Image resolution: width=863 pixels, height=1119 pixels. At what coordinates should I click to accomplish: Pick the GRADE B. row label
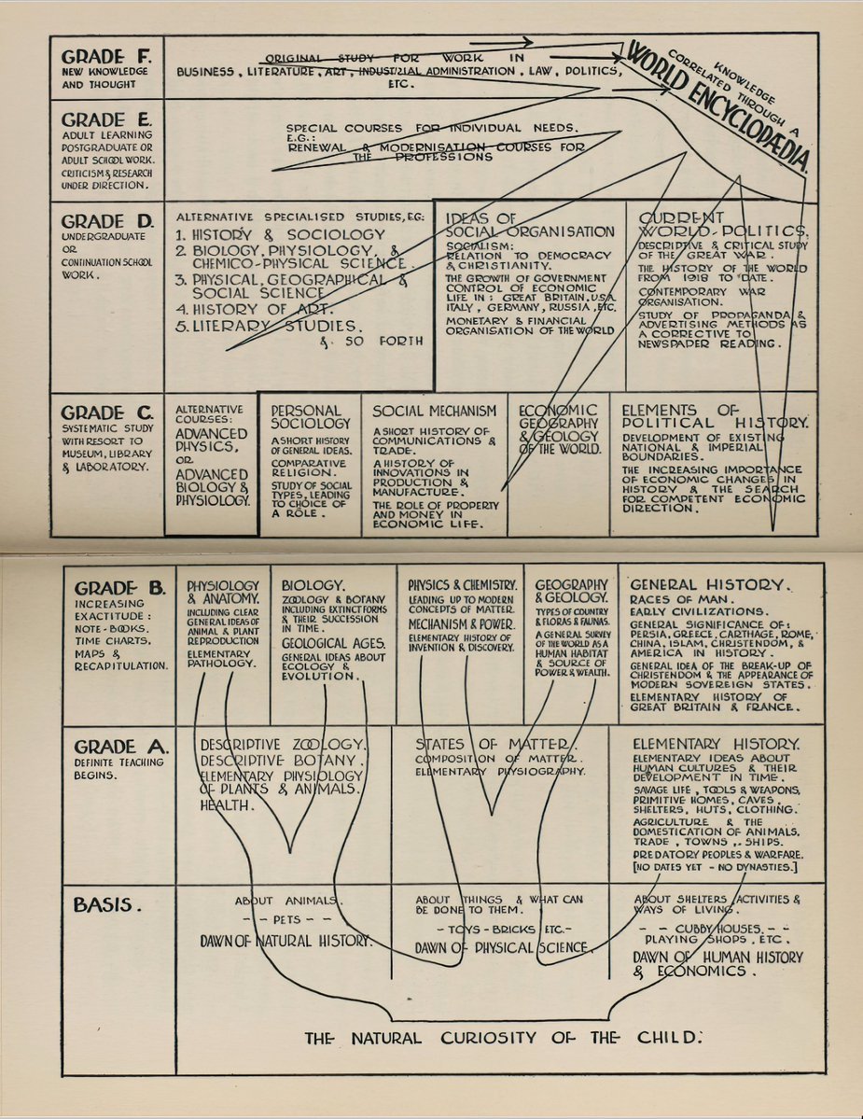point(106,589)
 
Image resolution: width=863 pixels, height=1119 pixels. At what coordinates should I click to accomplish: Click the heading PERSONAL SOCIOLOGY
point(310,416)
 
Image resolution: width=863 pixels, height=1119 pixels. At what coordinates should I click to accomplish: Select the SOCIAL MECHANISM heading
point(434,411)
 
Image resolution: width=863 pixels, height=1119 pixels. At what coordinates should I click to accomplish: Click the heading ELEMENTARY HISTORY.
point(716,744)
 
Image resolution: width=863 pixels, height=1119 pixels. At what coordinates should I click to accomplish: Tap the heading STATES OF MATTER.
point(495,744)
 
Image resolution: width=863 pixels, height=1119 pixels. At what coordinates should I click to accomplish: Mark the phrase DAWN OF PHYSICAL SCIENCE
point(502,948)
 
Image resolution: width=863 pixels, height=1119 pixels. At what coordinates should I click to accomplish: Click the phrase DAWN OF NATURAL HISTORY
point(285,942)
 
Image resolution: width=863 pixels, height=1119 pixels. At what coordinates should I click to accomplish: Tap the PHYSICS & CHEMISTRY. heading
point(462,584)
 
